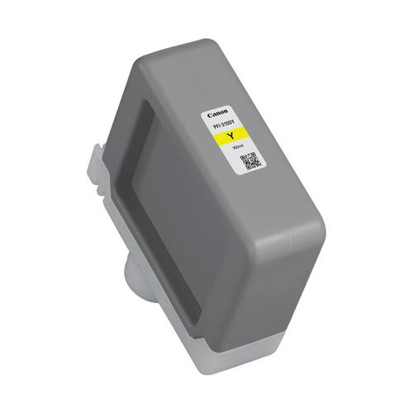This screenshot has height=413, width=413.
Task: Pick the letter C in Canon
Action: click(x=209, y=110)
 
